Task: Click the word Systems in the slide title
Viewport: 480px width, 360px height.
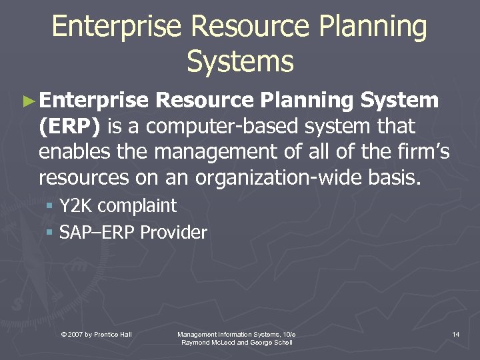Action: coord(240,61)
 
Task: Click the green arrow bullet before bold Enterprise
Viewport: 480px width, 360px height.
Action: coord(27,102)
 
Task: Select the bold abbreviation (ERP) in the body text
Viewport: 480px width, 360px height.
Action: coord(70,126)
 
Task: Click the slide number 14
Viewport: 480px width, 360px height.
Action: coord(455,333)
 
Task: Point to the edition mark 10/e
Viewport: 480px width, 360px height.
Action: coord(288,333)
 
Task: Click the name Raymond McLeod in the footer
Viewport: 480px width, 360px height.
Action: coord(207,342)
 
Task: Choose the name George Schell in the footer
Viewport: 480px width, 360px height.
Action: coord(271,342)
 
